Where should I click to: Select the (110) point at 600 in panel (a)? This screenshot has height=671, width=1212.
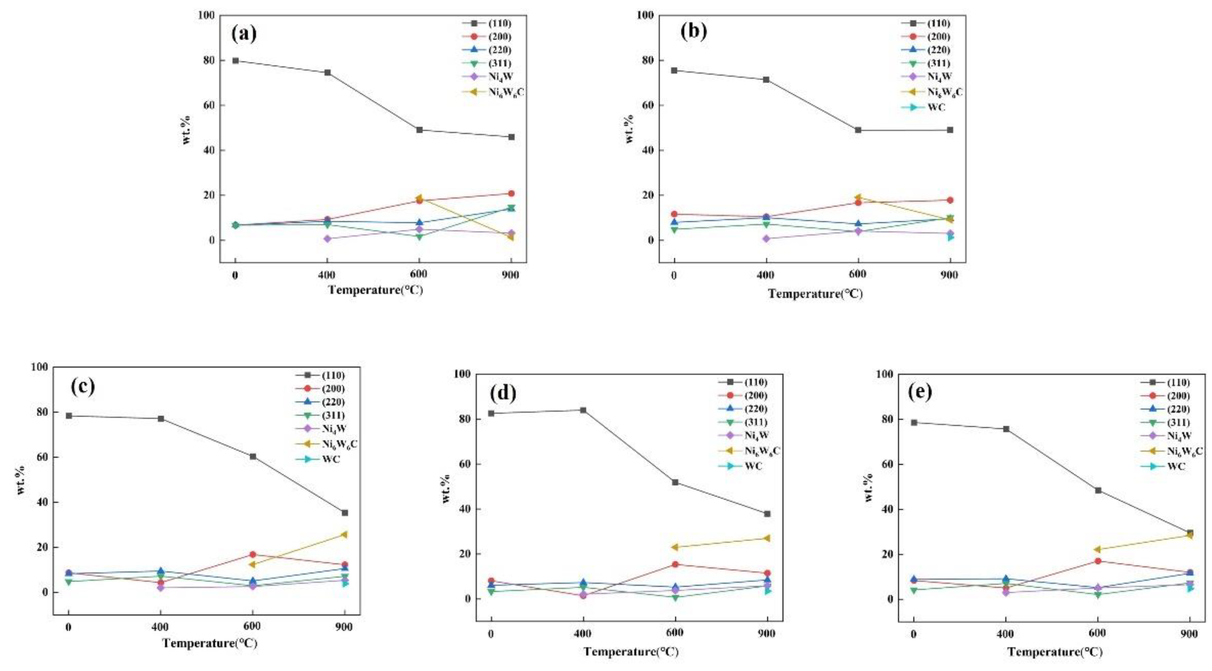coord(419,130)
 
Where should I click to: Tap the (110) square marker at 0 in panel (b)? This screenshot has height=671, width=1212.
coord(674,70)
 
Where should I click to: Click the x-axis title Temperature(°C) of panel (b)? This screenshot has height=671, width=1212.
coord(815,294)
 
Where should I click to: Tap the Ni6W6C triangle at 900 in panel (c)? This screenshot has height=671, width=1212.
coord(344,534)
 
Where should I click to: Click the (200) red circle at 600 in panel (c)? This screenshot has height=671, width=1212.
coord(253,555)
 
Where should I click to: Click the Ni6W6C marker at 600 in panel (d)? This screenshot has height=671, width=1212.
coord(675,547)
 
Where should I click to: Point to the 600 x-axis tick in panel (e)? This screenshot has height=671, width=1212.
coord(1098,634)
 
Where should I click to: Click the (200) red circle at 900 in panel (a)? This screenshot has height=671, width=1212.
coord(511,193)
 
